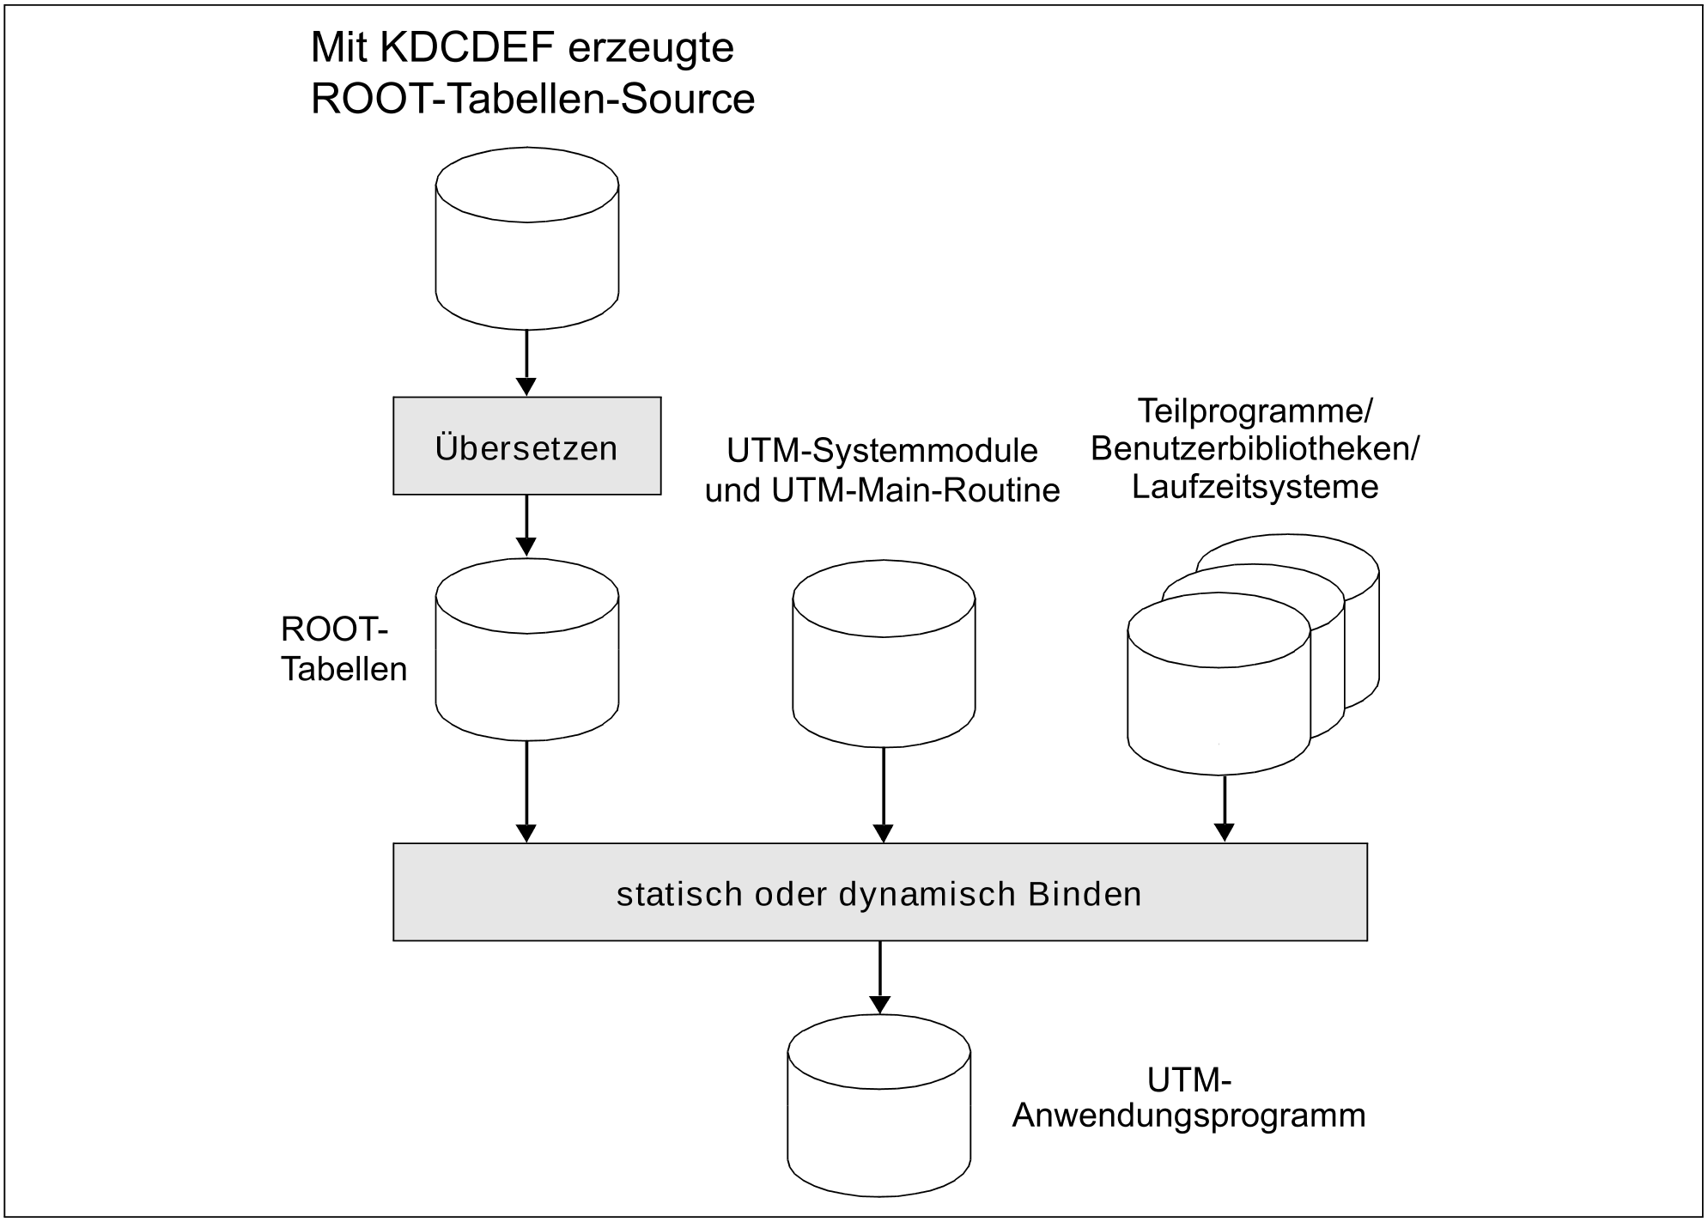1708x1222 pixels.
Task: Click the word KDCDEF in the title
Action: tap(466, 48)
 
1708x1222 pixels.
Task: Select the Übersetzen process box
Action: tap(526, 446)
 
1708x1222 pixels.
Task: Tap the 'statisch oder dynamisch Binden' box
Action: tap(879, 892)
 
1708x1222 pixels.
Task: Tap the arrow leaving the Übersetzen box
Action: tap(526, 525)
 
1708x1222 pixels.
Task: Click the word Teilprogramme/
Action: tap(1255, 411)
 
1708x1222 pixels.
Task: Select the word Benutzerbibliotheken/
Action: tap(1255, 449)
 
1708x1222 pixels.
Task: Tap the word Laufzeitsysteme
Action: tap(1255, 487)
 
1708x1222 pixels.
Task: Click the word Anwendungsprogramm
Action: tap(1188, 1116)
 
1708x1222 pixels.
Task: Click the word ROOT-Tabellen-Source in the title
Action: tap(532, 99)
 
